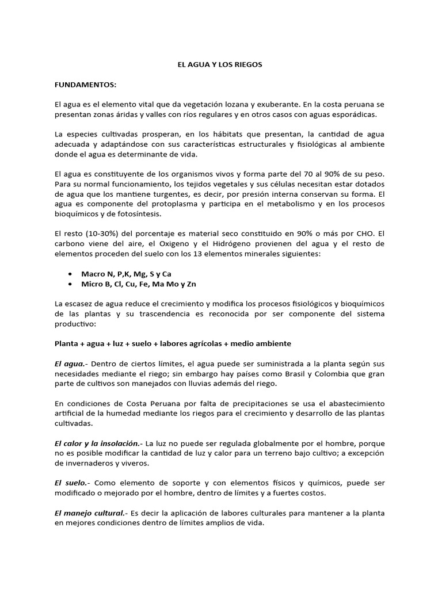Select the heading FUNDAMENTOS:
[85, 85]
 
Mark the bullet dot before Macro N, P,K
[70, 274]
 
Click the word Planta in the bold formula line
[67, 343]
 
